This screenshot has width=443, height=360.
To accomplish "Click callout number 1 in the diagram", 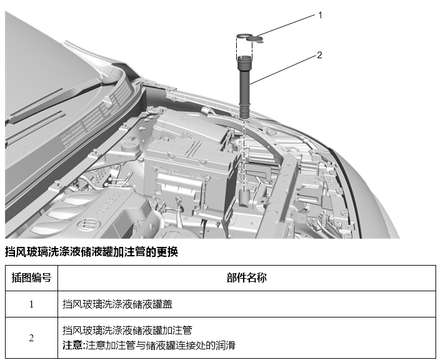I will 320,15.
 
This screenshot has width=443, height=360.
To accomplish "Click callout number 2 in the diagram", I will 319,55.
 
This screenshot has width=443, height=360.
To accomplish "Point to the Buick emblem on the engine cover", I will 89,223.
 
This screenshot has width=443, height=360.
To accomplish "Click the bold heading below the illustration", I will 92,252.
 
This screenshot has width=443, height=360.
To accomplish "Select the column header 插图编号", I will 31,277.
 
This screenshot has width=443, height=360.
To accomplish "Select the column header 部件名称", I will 246,277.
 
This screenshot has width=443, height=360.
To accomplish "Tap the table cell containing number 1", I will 31,304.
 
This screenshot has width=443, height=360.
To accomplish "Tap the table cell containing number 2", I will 31,337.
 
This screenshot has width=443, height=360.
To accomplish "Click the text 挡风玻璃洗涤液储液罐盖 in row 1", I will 117,304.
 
